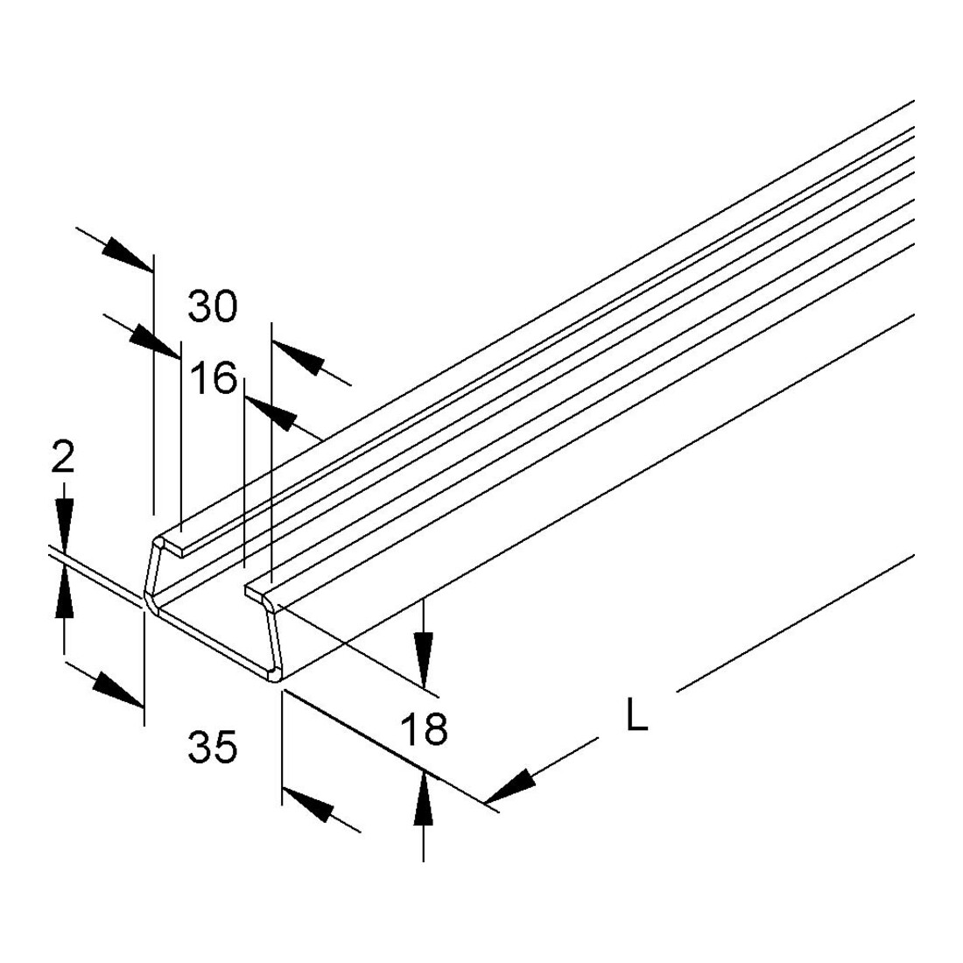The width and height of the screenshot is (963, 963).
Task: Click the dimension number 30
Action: click(213, 306)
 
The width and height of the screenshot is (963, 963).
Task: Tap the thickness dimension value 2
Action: click(63, 458)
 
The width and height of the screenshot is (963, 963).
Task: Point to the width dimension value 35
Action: click(213, 748)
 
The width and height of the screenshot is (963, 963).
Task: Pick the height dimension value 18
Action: click(424, 729)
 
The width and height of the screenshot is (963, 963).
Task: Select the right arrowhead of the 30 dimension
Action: click(298, 356)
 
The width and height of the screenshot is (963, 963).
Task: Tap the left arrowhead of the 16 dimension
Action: click(155, 341)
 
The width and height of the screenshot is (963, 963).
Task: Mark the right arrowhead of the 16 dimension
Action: click(271, 412)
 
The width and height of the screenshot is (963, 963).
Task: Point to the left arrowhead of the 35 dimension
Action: click(118, 690)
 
